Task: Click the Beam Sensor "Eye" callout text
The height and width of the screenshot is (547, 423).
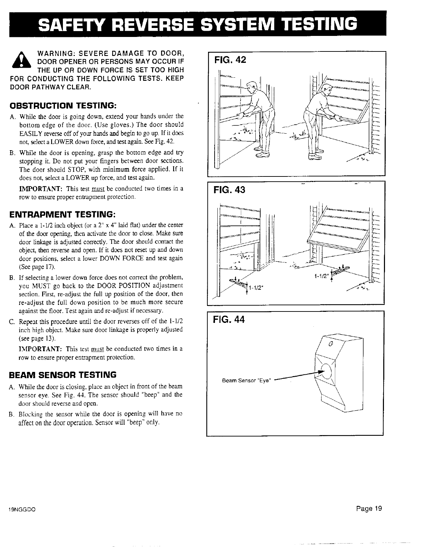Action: pyautogui.click(x=247, y=381)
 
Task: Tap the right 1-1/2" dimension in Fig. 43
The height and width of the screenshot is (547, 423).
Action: pyautogui.click(x=321, y=276)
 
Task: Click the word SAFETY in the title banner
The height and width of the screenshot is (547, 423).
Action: pyautogui.click(x=73, y=23)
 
